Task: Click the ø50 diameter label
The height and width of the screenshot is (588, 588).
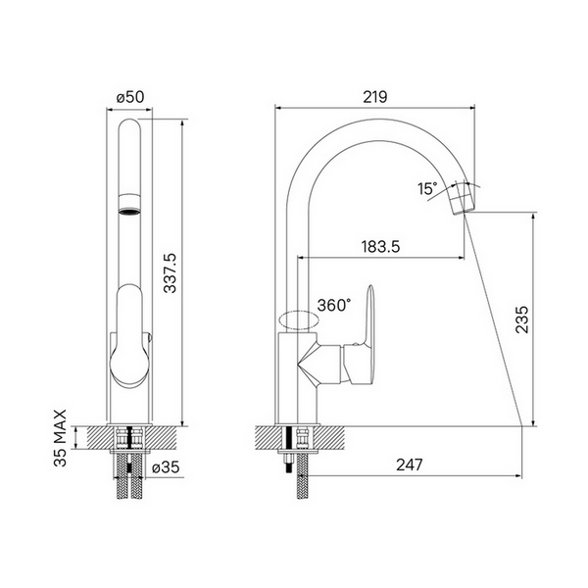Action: [130, 97]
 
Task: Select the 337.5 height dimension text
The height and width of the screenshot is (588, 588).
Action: [171, 272]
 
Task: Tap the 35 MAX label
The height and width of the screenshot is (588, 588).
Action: [60, 438]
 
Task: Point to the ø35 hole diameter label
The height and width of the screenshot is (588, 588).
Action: [166, 467]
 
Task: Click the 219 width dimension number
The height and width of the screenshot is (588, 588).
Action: [375, 97]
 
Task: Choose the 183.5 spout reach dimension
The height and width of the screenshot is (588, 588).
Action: [380, 247]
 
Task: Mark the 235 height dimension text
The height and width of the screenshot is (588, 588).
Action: [521, 319]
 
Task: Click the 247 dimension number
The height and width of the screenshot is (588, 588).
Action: [410, 465]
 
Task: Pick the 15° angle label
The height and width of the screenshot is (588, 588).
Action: [428, 189]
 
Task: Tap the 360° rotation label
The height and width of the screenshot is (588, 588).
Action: [334, 306]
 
